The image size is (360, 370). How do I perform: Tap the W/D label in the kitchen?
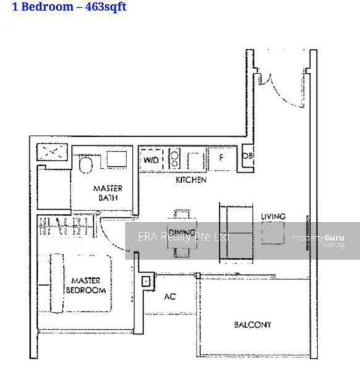(151, 160)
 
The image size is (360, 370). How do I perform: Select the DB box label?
(247, 157)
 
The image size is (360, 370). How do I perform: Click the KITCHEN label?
(191, 180)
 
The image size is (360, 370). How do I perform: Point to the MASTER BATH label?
(107, 192)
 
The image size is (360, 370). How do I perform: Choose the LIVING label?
(273, 216)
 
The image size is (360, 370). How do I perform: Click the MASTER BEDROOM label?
(86, 285)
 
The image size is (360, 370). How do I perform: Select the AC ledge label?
(170, 297)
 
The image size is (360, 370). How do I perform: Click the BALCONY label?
(252, 324)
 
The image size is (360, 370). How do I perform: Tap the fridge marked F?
(220, 158)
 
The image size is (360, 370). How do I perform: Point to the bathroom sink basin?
(116, 158)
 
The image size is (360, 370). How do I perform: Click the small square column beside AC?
(145, 282)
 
